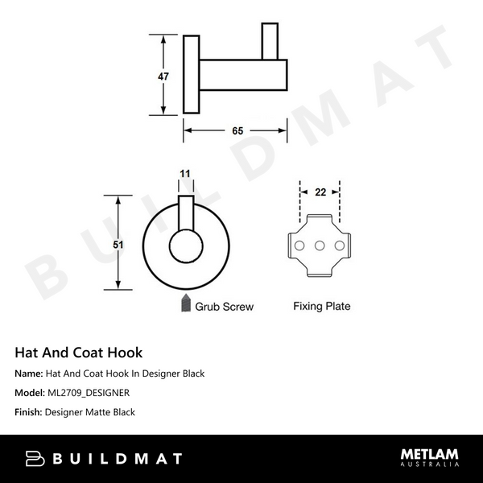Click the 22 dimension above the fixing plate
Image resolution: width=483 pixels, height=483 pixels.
(320, 192)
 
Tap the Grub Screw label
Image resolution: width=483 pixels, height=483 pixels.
(225, 306)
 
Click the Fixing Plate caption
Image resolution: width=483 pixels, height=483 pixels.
(321, 306)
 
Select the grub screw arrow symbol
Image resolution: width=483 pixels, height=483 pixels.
(186, 304)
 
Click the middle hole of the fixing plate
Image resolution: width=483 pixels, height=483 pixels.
(320, 246)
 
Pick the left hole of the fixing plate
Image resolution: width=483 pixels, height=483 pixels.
(299, 246)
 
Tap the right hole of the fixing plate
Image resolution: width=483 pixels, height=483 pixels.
(340, 246)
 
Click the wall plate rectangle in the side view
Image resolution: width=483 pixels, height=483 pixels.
(192, 75)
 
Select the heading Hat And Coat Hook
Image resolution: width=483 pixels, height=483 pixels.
(79, 352)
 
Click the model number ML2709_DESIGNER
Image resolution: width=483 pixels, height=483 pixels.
(88, 393)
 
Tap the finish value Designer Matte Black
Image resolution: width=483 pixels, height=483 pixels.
(90, 412)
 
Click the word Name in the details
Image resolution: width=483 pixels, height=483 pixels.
(28, 374)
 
